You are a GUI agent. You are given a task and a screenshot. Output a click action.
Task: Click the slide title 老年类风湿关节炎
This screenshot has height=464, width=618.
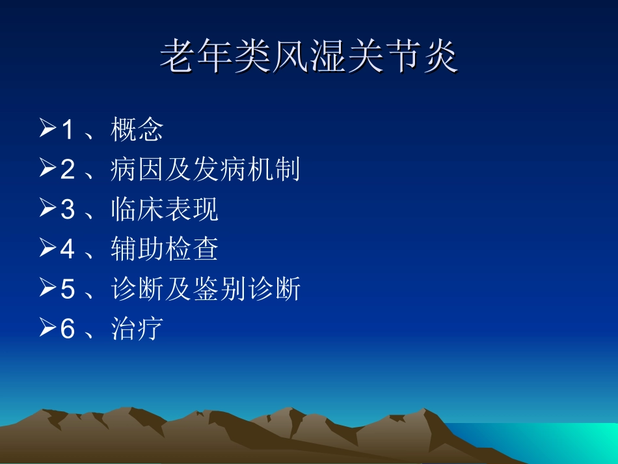(309, 57)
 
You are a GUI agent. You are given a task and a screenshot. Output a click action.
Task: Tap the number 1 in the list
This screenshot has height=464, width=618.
(68, 130)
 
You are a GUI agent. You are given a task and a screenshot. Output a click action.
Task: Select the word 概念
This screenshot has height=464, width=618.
(137, 130)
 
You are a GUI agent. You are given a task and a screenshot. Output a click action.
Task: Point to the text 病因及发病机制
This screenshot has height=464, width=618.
(206, 170)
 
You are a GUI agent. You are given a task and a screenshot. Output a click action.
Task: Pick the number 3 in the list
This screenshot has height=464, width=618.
(68, 210)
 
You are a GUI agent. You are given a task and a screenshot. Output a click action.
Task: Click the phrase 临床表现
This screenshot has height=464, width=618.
(165, 210)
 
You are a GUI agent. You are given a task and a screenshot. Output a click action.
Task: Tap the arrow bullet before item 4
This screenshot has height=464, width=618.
(48, 249)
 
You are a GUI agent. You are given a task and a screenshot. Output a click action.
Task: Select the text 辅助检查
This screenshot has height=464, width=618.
(165, 249)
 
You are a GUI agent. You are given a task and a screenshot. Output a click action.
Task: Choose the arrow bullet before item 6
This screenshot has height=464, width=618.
(48, 328)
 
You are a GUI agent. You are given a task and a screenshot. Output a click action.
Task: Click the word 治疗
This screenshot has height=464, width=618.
(137, 329)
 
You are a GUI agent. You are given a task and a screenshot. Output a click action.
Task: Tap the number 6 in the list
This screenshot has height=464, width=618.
(68, 329)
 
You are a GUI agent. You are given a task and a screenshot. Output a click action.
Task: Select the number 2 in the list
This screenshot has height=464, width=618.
(68, 170)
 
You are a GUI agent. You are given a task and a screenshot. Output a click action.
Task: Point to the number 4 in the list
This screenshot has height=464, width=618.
(68, 249)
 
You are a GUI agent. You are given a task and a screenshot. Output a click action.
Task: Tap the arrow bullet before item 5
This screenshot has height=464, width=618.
(48, 288)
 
